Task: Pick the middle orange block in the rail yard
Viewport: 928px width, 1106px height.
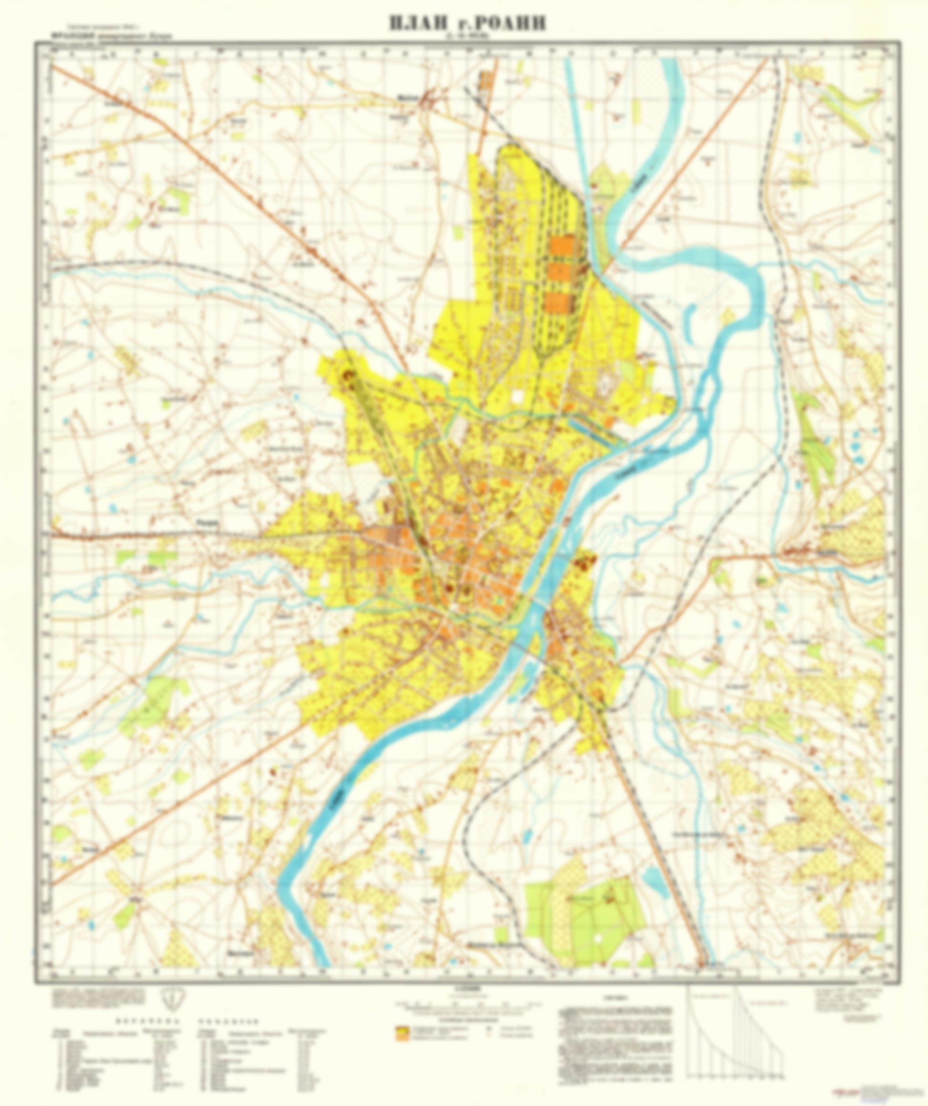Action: [558, 272]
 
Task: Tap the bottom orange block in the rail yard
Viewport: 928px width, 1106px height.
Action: [557, 302]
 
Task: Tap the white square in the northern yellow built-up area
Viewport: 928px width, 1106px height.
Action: [518, 396]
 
